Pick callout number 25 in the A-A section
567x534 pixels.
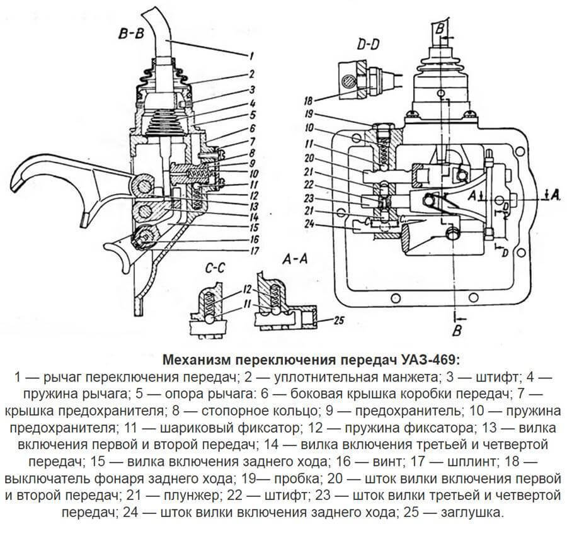coord(338,322)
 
